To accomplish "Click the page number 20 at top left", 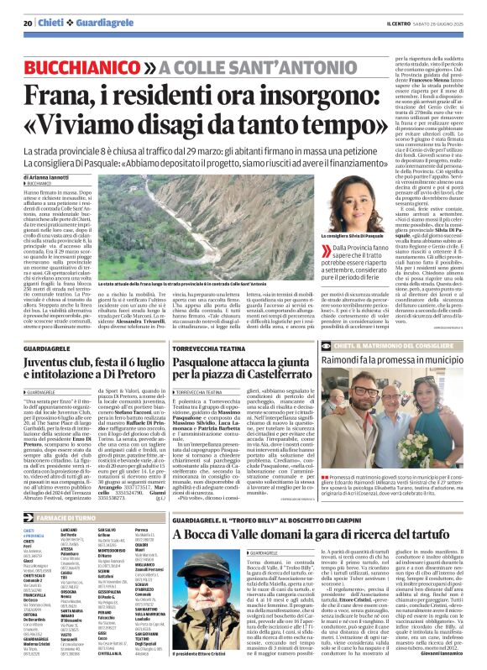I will (28, 24).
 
